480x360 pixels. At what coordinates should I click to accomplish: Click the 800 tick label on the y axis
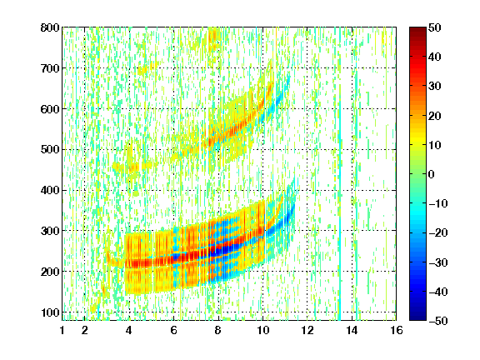point(50,27)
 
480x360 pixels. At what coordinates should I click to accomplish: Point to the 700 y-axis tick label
point(50,68)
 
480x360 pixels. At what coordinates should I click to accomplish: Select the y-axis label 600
point(50,109)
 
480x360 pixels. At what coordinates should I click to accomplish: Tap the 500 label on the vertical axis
point(50,150)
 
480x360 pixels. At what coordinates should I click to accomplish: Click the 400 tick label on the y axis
point(50,190)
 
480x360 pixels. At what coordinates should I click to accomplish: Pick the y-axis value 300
point(50,231)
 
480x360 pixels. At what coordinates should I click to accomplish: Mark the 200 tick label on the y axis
point(50,272)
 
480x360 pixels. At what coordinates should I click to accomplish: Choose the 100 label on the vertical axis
point(50,312)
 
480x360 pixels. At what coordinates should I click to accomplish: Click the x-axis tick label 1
point(62,330)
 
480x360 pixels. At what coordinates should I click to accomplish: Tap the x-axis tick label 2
point(85,330)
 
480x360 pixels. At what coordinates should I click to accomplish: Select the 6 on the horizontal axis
point(174,330)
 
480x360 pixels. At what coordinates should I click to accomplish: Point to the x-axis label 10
point(262,330)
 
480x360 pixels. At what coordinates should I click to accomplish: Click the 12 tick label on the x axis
point(307,330)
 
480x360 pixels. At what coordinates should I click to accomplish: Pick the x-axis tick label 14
point(352,330)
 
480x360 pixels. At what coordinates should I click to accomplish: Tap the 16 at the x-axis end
point(397,330)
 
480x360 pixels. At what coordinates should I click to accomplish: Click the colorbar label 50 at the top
point(435,27)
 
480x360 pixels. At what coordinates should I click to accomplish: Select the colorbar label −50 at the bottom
point(438,321)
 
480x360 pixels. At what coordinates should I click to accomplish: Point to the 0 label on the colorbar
point(432,174)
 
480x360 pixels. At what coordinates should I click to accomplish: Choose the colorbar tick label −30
point(438,262)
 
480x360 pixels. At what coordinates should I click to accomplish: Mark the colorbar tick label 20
point(435,116)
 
